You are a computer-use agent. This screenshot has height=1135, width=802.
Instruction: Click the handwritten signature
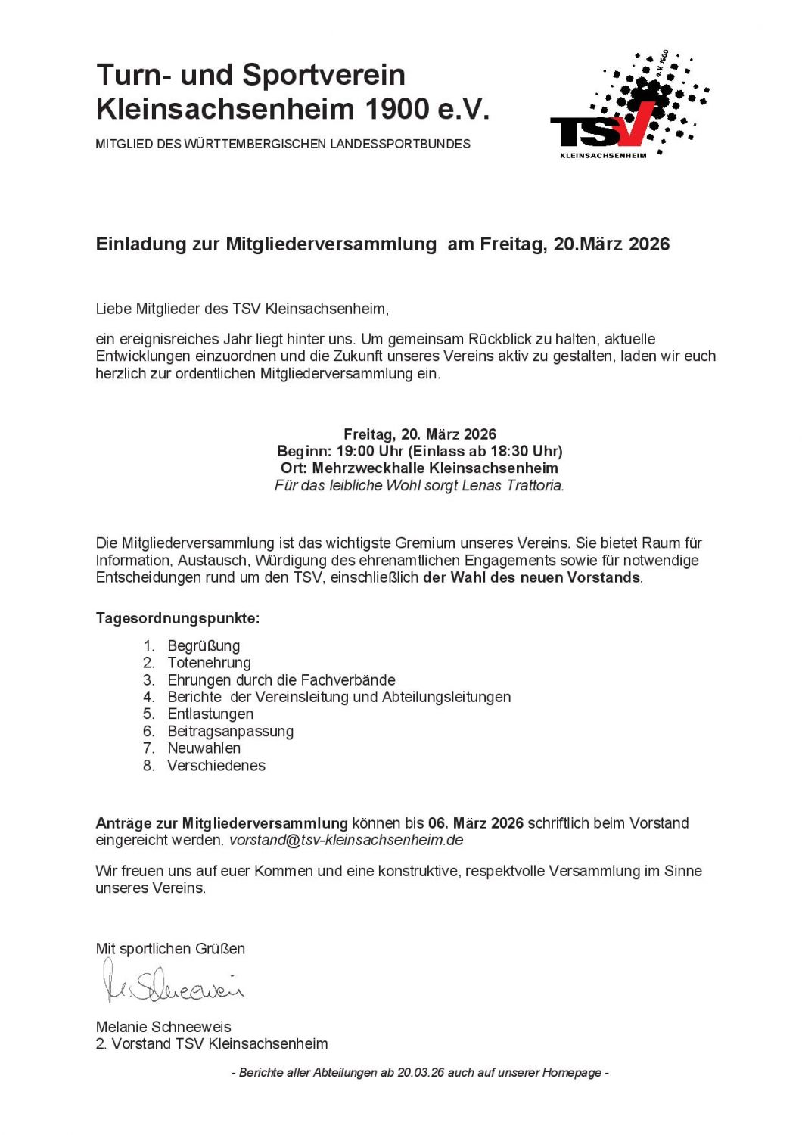pyautogui.click(x=173, y=981)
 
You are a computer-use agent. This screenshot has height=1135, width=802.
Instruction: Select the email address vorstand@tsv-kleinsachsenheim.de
pyautogui.click(x=346, y=840)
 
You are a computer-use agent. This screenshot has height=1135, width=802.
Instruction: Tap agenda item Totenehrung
pyautogui.click(x=209, y=663)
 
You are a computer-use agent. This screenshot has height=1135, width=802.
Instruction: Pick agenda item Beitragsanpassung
pyautogui.click(x=230, y=731)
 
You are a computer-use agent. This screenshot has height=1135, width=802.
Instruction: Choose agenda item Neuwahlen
pyautogui.click(x=204, y=748)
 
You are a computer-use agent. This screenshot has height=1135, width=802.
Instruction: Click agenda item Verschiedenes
pyautogui.click(x=216, y=765)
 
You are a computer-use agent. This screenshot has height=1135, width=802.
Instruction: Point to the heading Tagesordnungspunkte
pyautogui.click(x=177, y=618)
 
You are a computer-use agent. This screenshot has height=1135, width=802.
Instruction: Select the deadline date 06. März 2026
pyautogui.click(x=475, y=822)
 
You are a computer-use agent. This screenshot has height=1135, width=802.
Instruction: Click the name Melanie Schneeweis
pyautogui.click(x=163, y=1027)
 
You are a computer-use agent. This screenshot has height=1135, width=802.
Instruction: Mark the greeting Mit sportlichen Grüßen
pyautogui.click(x=170, y=948)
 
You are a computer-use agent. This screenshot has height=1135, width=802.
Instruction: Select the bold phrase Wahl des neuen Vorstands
pyautogui.click(x=545, y=577)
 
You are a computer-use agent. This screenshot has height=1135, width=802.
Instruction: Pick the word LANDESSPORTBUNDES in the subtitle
pyautogui.click(x=400, y=144)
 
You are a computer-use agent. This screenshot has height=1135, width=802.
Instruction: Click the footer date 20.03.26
pyautogui.click(x=420, y=1072)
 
